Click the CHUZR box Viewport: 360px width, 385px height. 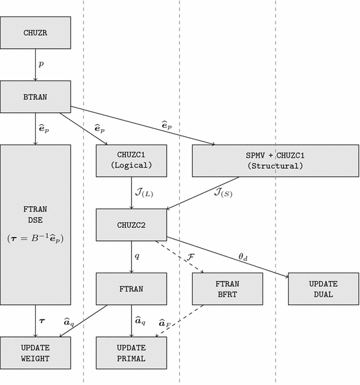pyautogui.click(x=36, y=32)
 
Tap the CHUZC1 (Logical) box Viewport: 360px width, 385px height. pyautogui.click(x=131, y=160)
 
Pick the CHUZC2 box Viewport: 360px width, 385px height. pyautogui.click(x=131, y=225)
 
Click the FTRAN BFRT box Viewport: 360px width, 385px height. pyautogui.click(x=228, y=289)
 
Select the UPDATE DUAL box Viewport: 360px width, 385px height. pyautogui.click(x=322, y=289)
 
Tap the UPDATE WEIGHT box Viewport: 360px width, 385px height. pyautogui.click(x=36, y=353)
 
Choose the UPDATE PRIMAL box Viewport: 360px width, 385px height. pyautogui.click(x=131, y=353)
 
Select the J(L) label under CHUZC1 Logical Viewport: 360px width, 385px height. pyautogui.click(x=144, y=193)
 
